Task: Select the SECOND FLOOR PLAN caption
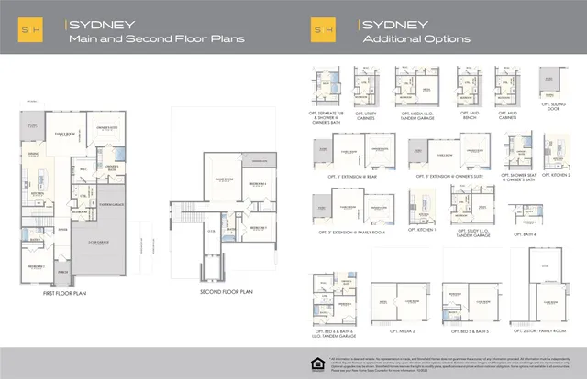[x=226, y=292]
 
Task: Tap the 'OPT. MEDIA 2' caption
[x=402, y=330]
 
